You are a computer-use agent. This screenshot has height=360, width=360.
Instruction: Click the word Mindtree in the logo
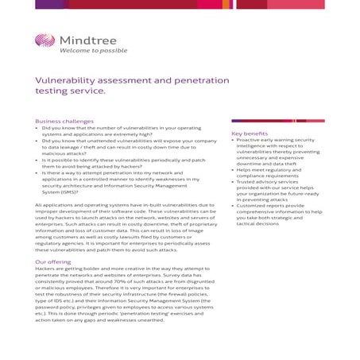tap(83, 41)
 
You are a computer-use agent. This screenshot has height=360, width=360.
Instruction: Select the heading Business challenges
tap(64, 121)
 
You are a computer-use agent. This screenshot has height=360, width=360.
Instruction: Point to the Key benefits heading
tap(250, 134)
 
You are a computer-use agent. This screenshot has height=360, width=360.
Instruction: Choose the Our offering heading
tap(53, 261)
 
